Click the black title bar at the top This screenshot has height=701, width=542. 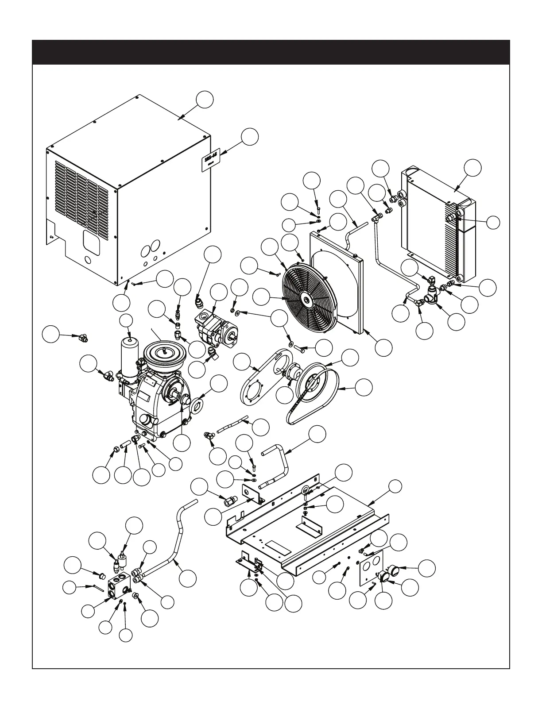[x=271, y=52]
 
